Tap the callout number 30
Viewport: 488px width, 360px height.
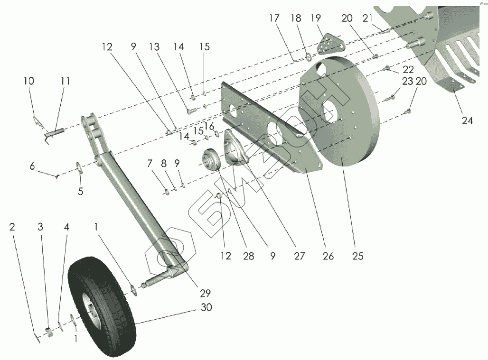[206, 307]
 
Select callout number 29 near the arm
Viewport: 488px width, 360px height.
[205, 293]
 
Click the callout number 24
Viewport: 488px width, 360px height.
[467, 120]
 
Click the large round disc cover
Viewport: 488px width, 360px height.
[339, 109]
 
